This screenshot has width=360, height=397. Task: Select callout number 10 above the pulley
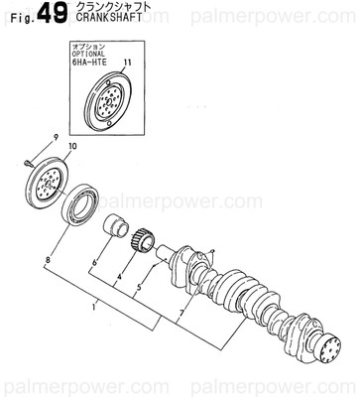point(71,147)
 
